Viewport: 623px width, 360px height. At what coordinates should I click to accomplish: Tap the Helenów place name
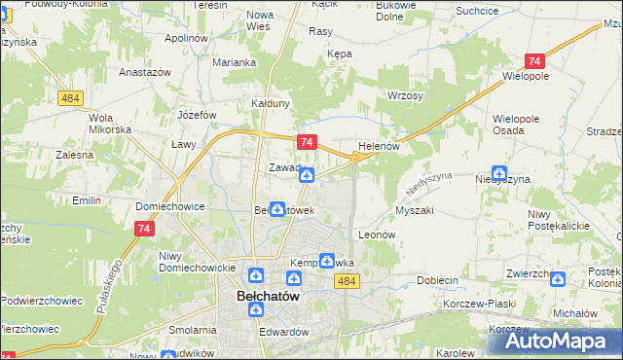click(380, 146)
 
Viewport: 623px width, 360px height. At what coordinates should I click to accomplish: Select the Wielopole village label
click(526, 74)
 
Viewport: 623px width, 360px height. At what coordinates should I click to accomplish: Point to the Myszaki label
click(414, 210)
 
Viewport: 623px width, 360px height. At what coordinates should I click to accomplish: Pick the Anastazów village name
click(145, 73)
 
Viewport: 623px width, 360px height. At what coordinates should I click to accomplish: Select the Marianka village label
click(235, 62)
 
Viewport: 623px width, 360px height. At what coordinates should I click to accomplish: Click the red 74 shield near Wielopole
click(533, 59)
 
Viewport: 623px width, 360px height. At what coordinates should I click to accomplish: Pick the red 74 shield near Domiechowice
click(144, 228)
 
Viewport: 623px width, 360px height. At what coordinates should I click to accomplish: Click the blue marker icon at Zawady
click(307, 174)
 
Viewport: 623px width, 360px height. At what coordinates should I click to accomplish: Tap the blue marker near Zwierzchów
click(558, 279)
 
